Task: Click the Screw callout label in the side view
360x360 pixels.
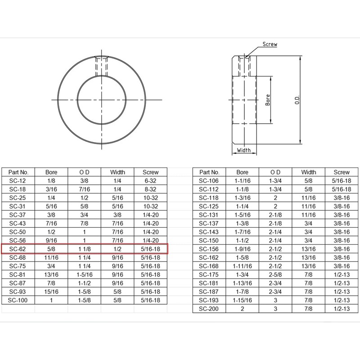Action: coord(270,44)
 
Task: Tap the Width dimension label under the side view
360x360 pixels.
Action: coord(243,150)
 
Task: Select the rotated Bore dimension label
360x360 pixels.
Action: coord(268,100)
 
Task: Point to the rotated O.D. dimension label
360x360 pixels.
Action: coord(297,100)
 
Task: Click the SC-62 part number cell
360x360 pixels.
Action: coord(18,249)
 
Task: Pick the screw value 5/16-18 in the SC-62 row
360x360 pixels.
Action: coord(150,249)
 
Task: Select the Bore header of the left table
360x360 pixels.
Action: coord(51,172)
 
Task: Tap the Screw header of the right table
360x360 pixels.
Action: coord(342,172)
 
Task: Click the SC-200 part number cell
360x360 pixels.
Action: coord(208,309)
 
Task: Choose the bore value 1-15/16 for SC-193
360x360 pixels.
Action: coord(242,300)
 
